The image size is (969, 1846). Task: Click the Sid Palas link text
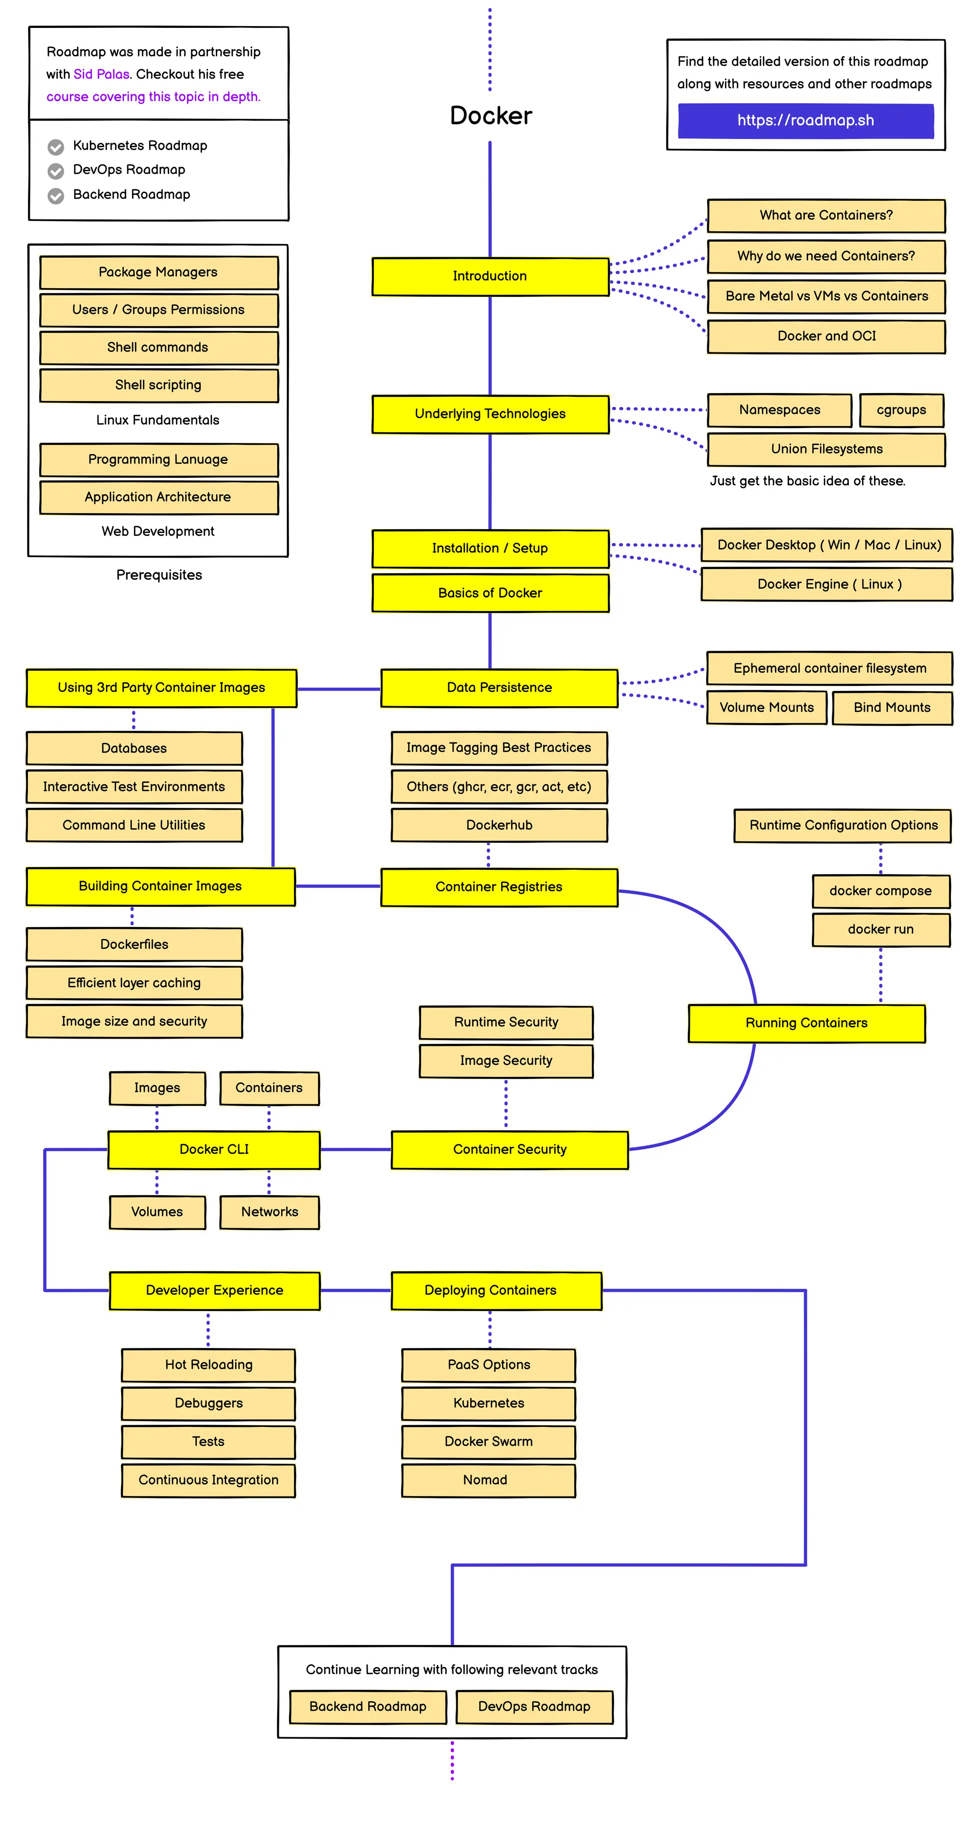tap(101, 74)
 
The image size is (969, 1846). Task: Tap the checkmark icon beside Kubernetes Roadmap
tap(56, 147)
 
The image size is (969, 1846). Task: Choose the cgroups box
tap(900, 410)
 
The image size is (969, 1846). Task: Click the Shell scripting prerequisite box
tap(159, 385)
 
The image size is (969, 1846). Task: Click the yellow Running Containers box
tap(806, 1023)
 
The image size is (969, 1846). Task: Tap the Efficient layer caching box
tap(134, 982)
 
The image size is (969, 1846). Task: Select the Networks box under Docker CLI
tap(270, 1212)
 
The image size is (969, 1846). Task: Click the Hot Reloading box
tap(209, 1365)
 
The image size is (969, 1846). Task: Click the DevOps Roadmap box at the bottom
tap(534, 1706)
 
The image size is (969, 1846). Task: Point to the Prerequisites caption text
tap(159, 575)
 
